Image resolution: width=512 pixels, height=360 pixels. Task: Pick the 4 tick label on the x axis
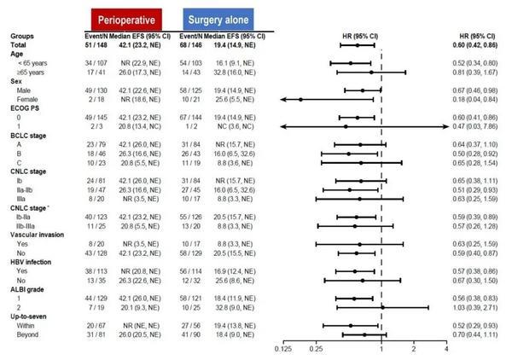coord(446,349)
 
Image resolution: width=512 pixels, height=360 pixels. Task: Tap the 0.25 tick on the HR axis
coord(317,349)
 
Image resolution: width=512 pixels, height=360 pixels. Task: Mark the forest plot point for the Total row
coord(358,44)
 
